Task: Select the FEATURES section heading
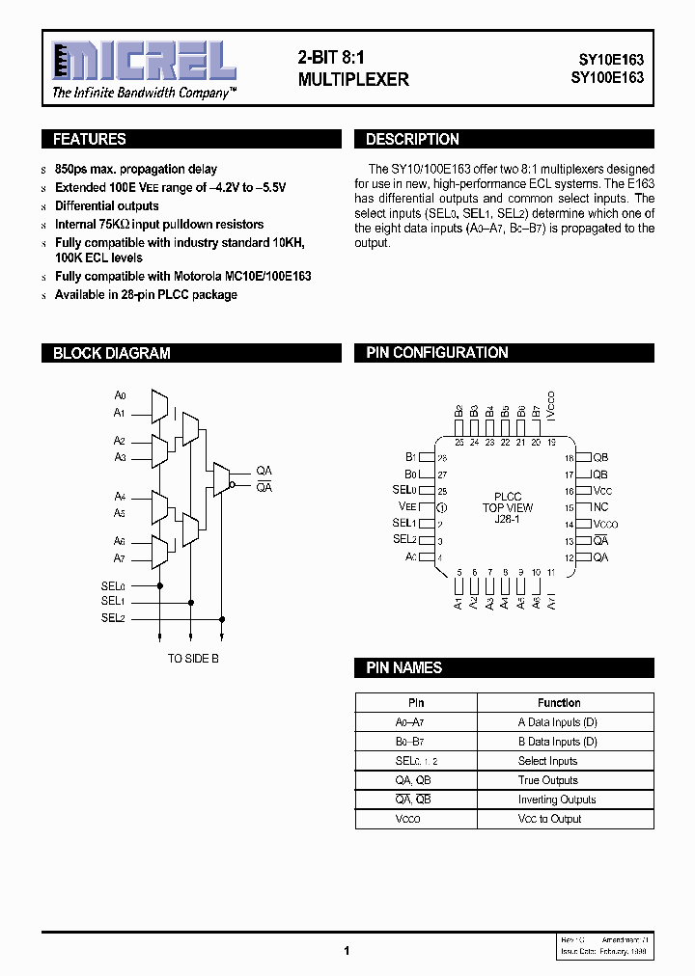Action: pos(89,139)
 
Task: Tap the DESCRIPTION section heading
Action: pos(412,139)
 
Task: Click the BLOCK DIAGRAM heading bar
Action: pos(111,353)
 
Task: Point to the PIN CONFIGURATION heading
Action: pos(437,353)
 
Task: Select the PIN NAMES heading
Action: pos(404,667)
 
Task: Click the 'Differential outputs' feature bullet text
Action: pos(107,206)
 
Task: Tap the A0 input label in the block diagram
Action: pos(121,395)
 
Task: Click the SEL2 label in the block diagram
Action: pos(113,618)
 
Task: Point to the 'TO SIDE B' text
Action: pos(193,659)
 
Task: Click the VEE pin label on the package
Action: pos(407,506)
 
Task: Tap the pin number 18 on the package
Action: pos(570,458)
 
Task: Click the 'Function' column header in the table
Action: pos(559,703)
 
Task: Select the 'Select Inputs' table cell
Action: pos(547,761)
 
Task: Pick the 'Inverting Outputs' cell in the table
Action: pos(557,800)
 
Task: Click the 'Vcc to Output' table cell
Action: pos(549,819)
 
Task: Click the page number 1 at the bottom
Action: pos(347,950)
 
